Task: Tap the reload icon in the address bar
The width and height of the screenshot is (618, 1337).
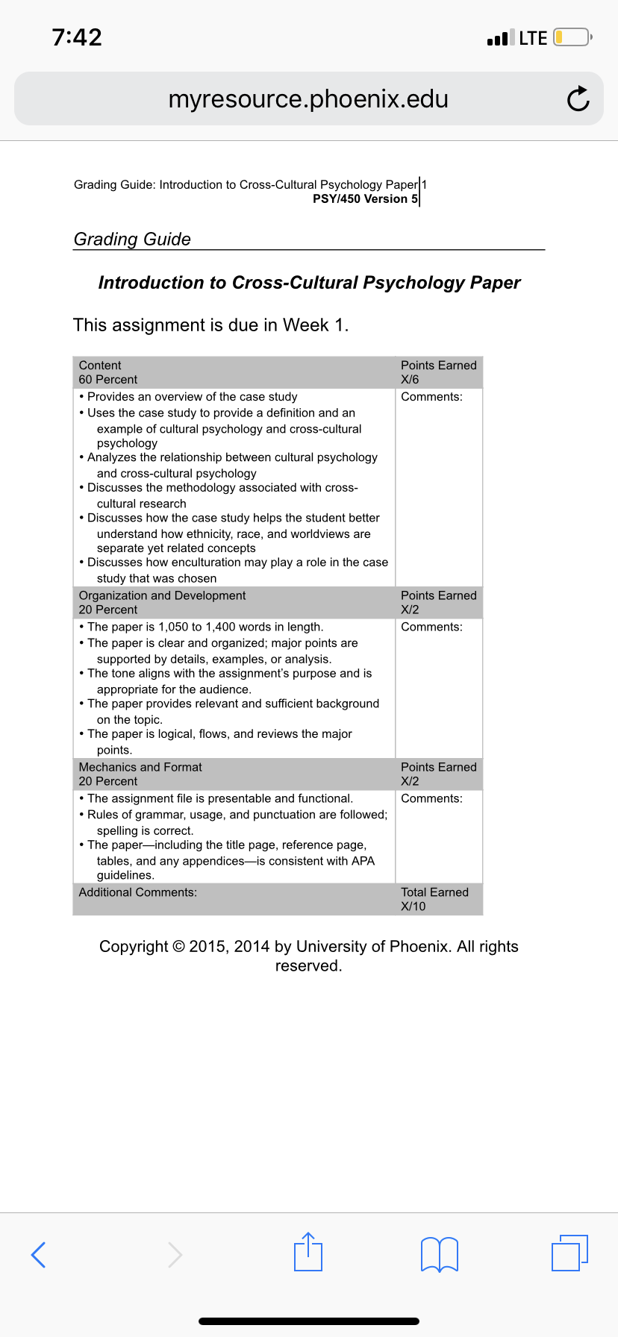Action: (x=578, y=98)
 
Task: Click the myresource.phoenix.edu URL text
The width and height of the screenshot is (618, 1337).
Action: (x=308, y=98)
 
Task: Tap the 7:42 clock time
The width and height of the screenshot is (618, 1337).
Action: (x=77, y=37)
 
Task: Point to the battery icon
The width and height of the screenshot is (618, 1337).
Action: (x=572, y=37)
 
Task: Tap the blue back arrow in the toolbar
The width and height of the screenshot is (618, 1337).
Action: (x=39, y=1254)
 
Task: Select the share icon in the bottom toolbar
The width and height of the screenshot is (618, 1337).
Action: (x=308, y=1252)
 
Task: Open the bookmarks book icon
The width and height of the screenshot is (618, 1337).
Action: (x=440, y=1253)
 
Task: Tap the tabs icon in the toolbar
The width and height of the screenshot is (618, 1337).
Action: (x=569, y=1253)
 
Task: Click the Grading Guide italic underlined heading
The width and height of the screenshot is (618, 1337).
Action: (x=132, y=239)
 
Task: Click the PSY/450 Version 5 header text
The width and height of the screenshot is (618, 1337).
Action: (x=365, y=199)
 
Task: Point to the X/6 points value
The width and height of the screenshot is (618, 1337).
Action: (x=410, y=380)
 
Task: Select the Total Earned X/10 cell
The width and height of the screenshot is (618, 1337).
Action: (x=434, y=899)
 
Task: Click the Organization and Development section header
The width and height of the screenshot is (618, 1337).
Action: (x=162, y=595)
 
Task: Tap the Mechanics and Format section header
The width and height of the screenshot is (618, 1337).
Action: (x=140, y=767)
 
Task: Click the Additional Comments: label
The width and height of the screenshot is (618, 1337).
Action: (x=138, y=892)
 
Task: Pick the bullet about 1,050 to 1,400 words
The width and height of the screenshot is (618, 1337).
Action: (x=205, y=627)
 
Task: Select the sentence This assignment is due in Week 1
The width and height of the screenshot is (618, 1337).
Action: (x=210, y=325)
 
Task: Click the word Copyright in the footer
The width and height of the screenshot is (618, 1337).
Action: (x=134, y=947)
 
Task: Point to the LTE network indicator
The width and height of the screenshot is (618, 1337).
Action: (x=533, y=38)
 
